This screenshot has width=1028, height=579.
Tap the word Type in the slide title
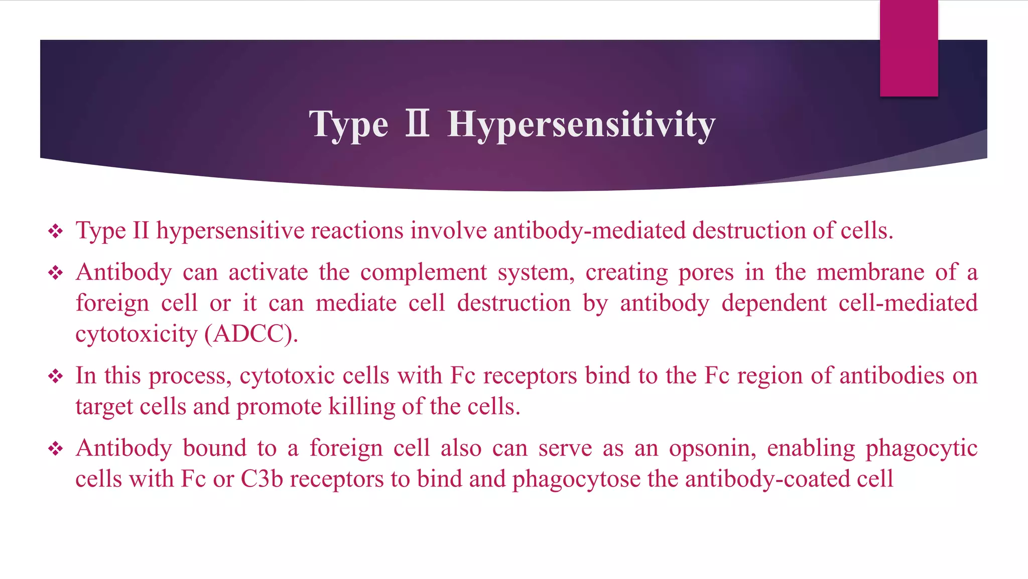(348, 125)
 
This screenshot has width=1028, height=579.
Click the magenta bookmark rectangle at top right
(909, 48)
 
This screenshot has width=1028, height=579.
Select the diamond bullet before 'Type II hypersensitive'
(55, 231)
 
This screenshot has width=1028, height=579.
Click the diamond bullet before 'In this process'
(55, 376)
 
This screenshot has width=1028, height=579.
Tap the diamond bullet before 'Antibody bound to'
(55, 448)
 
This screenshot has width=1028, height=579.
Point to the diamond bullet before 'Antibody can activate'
(55, 273)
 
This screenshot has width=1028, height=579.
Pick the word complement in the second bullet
(423, 273)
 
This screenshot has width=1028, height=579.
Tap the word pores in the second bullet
(706, 273)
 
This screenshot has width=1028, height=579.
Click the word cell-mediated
(908, 303)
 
